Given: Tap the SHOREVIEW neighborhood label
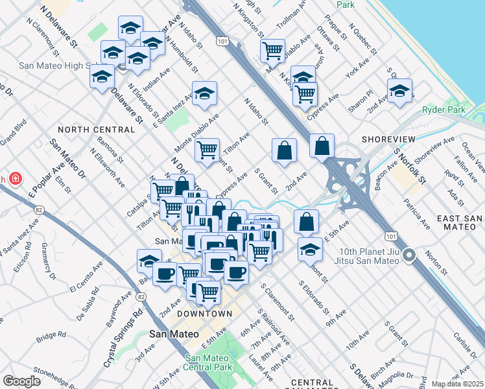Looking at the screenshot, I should click(388, 139).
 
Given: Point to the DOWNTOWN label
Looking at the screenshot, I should click(205, 314).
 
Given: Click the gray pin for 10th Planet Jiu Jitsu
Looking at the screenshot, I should click(408, 255).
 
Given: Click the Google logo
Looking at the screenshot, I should click(21, 381).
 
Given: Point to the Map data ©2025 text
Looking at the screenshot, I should click(457, 384).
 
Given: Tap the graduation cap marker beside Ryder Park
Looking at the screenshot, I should click(399, 91).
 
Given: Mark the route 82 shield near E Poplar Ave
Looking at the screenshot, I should click(40, 210).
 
